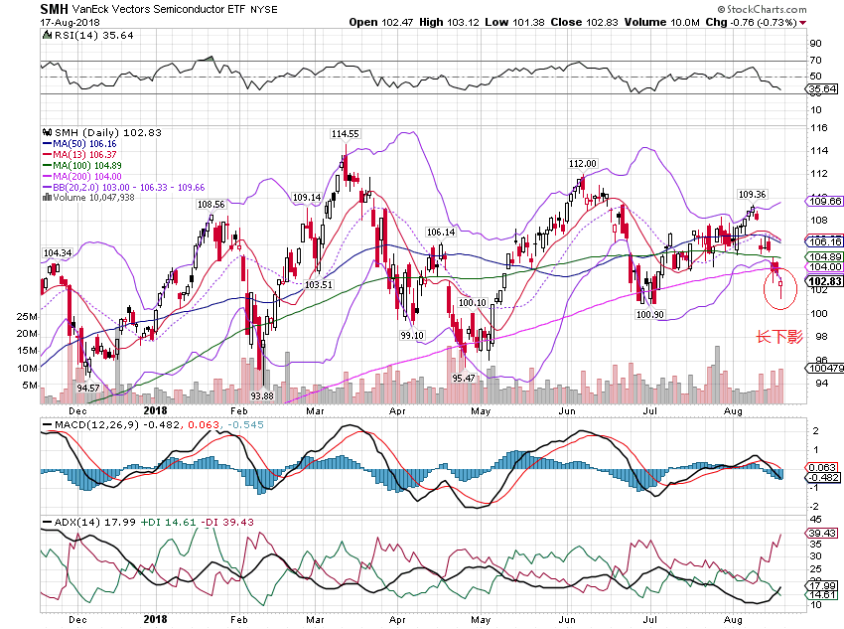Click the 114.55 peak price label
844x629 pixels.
click(345, 133)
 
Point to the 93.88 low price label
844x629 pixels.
click(261, 395)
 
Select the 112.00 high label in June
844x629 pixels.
click(582, 163)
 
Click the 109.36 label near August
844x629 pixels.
click(752, 195)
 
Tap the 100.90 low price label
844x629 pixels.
click(649, 315)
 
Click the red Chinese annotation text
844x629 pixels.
click(779, 337)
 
